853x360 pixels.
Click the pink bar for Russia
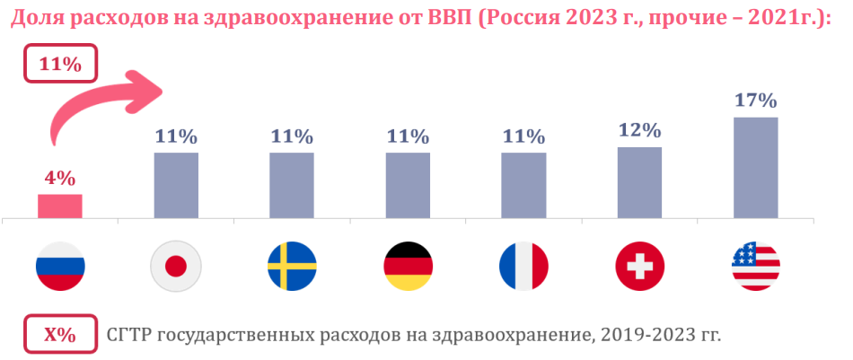tap(59, 206)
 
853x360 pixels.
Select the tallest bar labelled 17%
tap(755, 167)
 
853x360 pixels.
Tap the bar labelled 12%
tap(639, 182)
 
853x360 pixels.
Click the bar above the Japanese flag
tap(176, 185)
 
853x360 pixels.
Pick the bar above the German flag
tap(408, 185)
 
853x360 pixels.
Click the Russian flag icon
tap(60, 266)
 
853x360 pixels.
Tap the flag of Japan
tap(176, 266)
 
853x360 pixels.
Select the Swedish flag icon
tap(292, 266)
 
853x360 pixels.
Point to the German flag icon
tap(408, 266)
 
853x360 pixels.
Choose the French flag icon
tap(523, 266)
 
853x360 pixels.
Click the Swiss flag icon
tap(639, 266)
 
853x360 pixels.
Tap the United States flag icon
tap(755, 266)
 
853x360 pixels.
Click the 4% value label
tap(59, 178)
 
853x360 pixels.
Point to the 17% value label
tap(755, 100)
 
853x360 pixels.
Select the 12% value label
tap(639, 130)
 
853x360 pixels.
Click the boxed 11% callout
tap(60, 66)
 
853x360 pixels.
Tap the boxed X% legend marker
tap(60, 335)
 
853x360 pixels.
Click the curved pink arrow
tap(99, 103)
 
